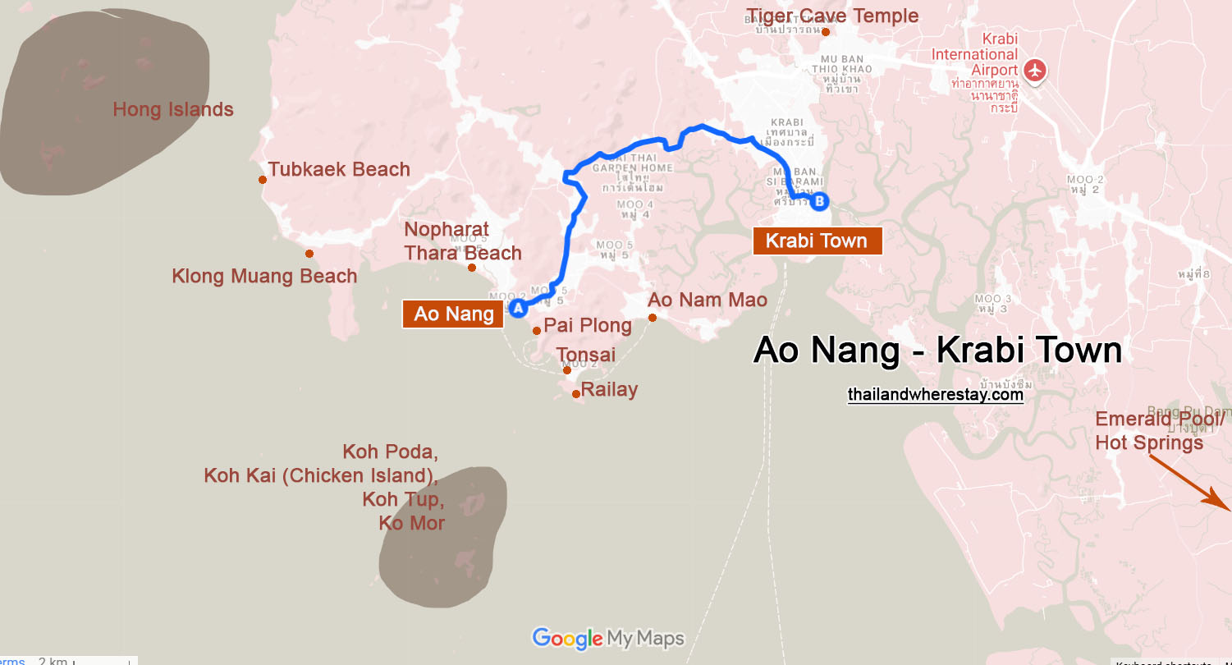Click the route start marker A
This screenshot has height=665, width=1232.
[518, 308]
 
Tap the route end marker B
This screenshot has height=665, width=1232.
[818, 201]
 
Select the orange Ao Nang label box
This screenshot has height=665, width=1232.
[453, 314]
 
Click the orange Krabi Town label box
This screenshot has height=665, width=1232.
[817, 241]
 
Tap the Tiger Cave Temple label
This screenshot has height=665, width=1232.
[832, 16]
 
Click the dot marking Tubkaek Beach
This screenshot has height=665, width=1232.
[263, 180]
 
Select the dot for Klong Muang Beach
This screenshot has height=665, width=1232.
[309, 254]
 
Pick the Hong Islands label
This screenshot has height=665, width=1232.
[173, 109]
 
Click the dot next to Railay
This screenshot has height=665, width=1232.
[576, 394]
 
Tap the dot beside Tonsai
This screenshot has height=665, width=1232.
[566, 370]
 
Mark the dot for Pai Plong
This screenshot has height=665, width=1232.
[537, 331]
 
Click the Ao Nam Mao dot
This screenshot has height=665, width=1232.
[653, 318]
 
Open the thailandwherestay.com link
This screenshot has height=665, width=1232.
[936, 395]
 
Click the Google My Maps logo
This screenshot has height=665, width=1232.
[607, 638]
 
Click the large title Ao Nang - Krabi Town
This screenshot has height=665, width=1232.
[937, 351]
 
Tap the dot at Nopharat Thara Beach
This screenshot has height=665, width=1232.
[472, 268]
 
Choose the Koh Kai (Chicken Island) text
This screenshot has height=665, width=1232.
[320, 475]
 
